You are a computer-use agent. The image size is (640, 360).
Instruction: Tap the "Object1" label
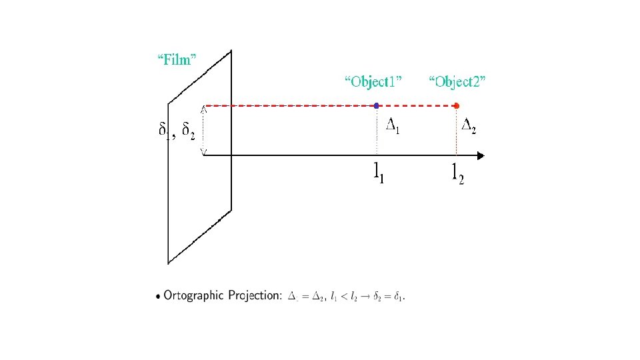373,82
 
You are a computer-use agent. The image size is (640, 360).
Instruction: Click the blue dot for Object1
377,105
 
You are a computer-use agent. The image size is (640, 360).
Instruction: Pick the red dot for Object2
456,105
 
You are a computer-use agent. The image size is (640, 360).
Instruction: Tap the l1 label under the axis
378,172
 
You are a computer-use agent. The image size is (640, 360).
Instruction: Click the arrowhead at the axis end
480,156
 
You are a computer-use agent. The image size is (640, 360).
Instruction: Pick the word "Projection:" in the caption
257,296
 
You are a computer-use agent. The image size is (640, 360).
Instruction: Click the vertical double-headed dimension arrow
203,130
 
